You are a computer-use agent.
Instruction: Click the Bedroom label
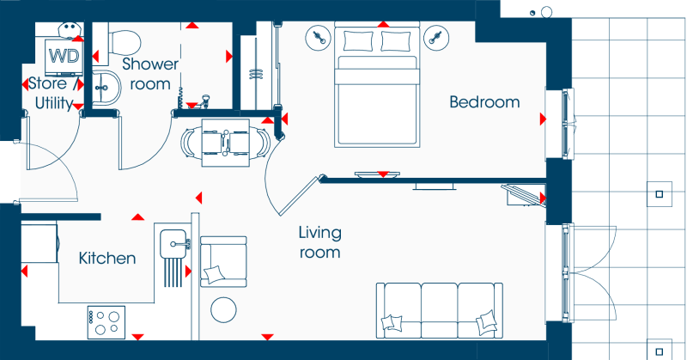pos(484,102)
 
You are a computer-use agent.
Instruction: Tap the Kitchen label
pos(107,259)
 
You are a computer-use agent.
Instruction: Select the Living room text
pos(319,242)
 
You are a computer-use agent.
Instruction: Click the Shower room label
pos(150,74)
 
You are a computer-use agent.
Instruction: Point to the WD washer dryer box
pos(64,57)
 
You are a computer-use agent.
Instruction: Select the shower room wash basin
pos(106,88)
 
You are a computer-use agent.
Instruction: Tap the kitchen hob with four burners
pos(106,322)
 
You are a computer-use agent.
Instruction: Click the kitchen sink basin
pos(173,244)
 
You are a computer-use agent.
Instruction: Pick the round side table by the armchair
pos(223,309)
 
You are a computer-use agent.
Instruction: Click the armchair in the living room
pos(223,262)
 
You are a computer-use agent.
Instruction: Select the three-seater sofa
pos(440,310)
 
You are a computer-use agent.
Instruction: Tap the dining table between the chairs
pos(225,143)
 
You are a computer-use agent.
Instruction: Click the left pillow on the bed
pos(358,41)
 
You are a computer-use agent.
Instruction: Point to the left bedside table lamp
pos(319,38)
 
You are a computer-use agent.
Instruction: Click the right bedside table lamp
pos(436,38)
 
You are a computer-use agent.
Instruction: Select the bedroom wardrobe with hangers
pos(258,66)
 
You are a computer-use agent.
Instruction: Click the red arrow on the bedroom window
pos(543,119)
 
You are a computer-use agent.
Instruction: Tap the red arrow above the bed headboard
pos(384,24)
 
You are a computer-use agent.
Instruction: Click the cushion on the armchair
pos(214,274)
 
